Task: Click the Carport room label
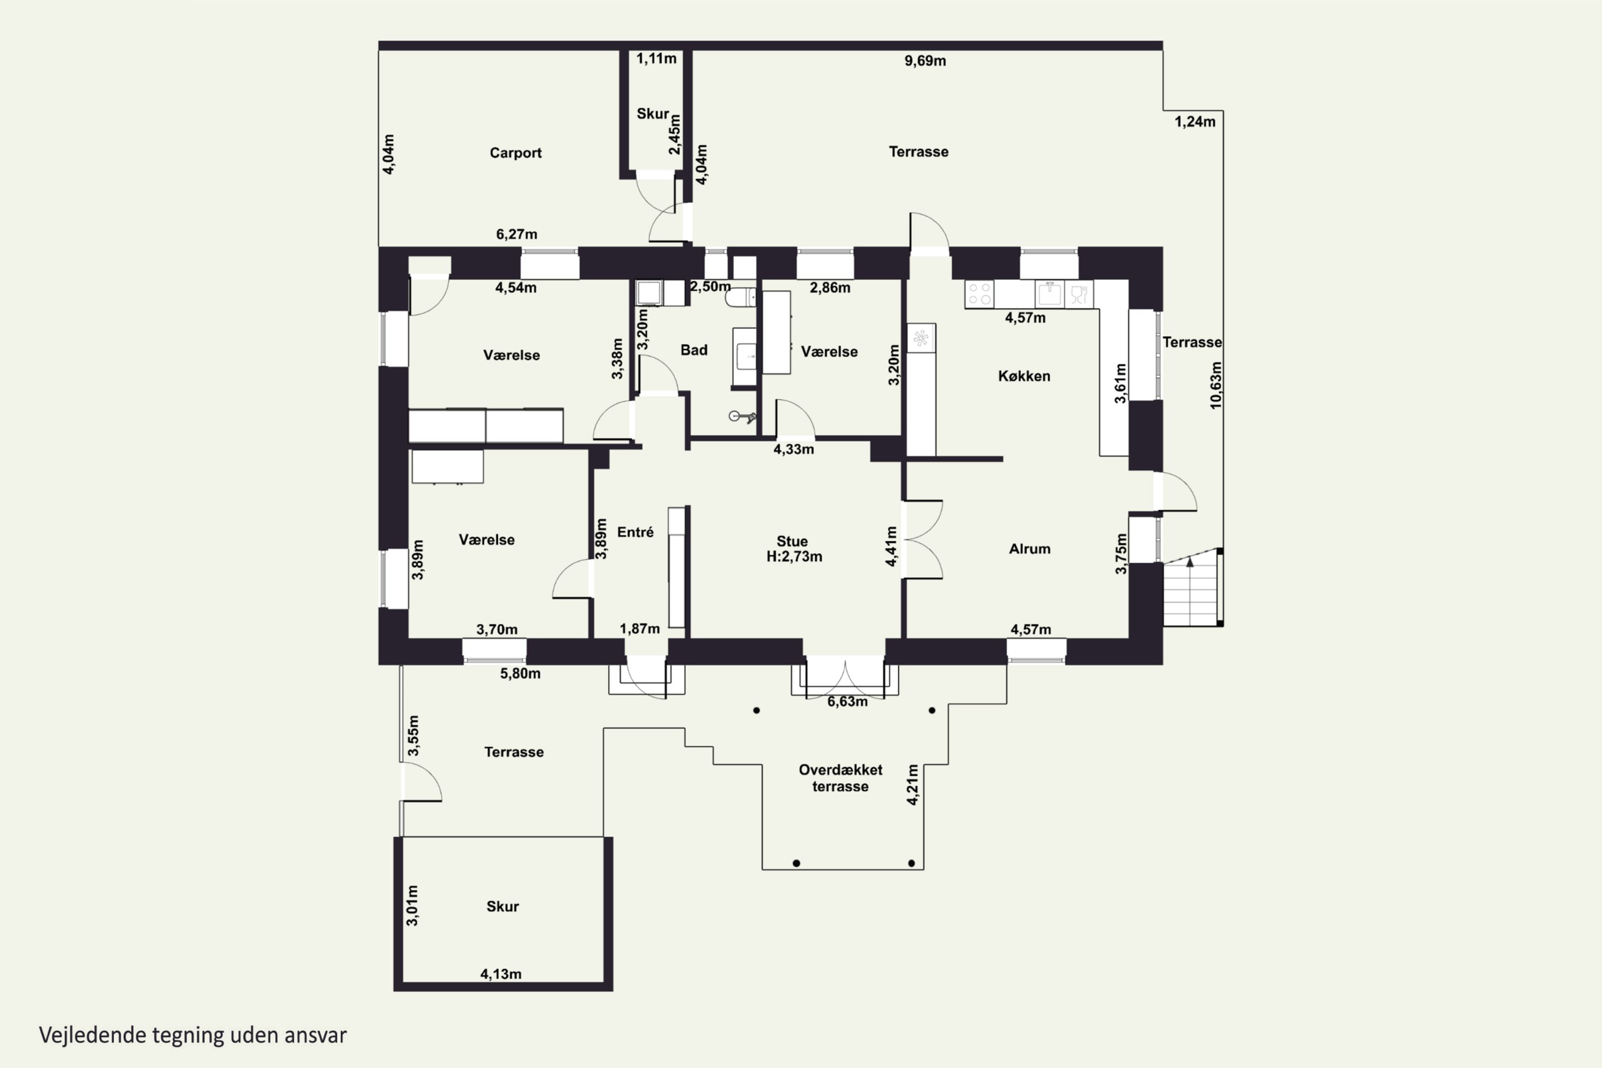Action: [516, 153]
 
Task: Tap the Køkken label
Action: [1024, 376]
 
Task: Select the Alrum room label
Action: [1029, 549]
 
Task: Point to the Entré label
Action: [635, 532]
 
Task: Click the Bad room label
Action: [694, 350]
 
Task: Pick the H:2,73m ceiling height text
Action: [794, 557]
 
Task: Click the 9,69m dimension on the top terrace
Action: [925, 61]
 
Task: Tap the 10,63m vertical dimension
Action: [1216, 385]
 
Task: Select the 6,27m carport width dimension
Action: [516, 234]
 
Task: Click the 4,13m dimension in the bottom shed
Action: [501, 974]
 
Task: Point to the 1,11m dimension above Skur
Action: [657, 59]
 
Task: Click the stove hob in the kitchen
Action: [979, 294]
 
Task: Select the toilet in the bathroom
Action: [740, 297]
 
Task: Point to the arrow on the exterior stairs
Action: [1190, 562]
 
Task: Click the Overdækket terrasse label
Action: [841, 778]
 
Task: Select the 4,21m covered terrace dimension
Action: [913, 784]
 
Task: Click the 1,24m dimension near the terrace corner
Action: [1195, 121]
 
